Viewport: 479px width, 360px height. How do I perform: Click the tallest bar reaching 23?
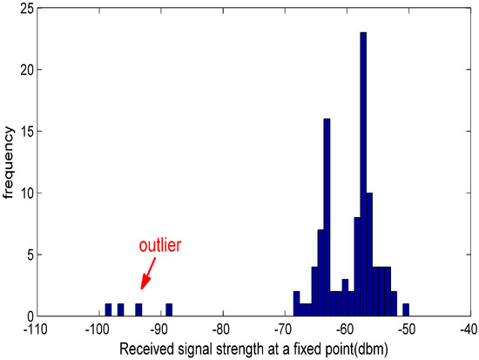363,174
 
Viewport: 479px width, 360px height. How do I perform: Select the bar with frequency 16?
327,218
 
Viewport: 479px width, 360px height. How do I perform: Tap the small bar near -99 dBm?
108,310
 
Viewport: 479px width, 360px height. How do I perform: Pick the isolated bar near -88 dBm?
169,310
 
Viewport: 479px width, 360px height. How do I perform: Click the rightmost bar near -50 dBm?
406,310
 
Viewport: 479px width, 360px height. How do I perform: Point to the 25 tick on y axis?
27,8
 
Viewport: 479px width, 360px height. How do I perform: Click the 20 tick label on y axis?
27,70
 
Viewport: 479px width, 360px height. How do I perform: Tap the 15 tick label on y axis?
27,132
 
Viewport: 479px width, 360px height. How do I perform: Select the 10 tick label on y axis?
27,193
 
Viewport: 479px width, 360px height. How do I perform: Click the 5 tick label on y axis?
30,255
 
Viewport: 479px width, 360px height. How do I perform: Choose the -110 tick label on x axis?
35,330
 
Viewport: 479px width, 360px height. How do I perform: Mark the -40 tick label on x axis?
470,330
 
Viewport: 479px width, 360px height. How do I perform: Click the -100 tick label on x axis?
98,330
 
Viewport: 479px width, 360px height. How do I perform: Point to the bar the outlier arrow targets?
138,310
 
